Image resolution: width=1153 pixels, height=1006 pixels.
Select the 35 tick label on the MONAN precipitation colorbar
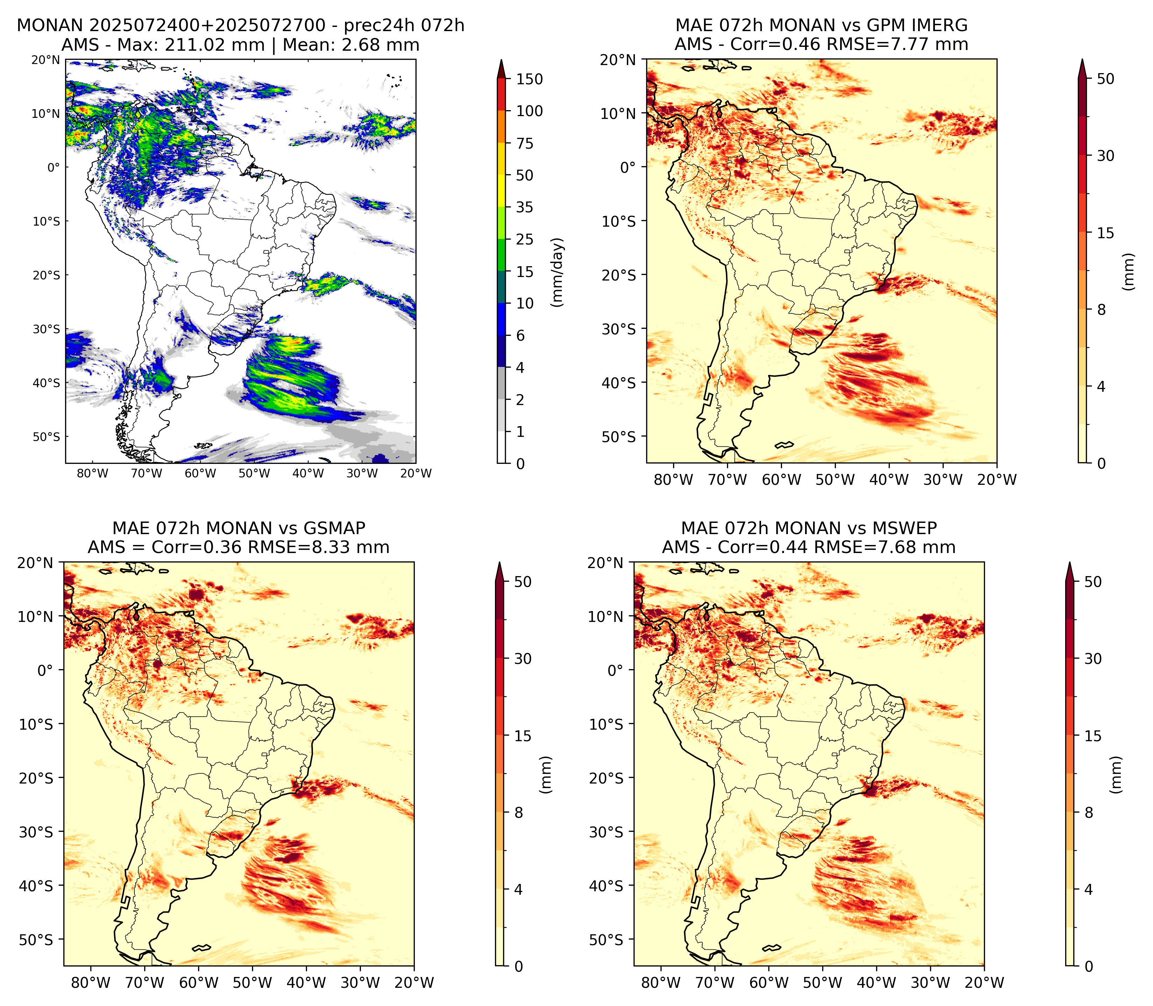[525, 207]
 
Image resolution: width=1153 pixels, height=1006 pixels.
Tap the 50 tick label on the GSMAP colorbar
[522, 582]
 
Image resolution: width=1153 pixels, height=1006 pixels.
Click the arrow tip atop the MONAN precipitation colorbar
[502, 61]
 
